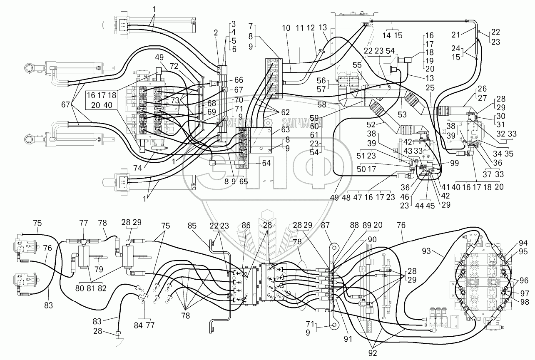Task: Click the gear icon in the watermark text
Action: point(269,122)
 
